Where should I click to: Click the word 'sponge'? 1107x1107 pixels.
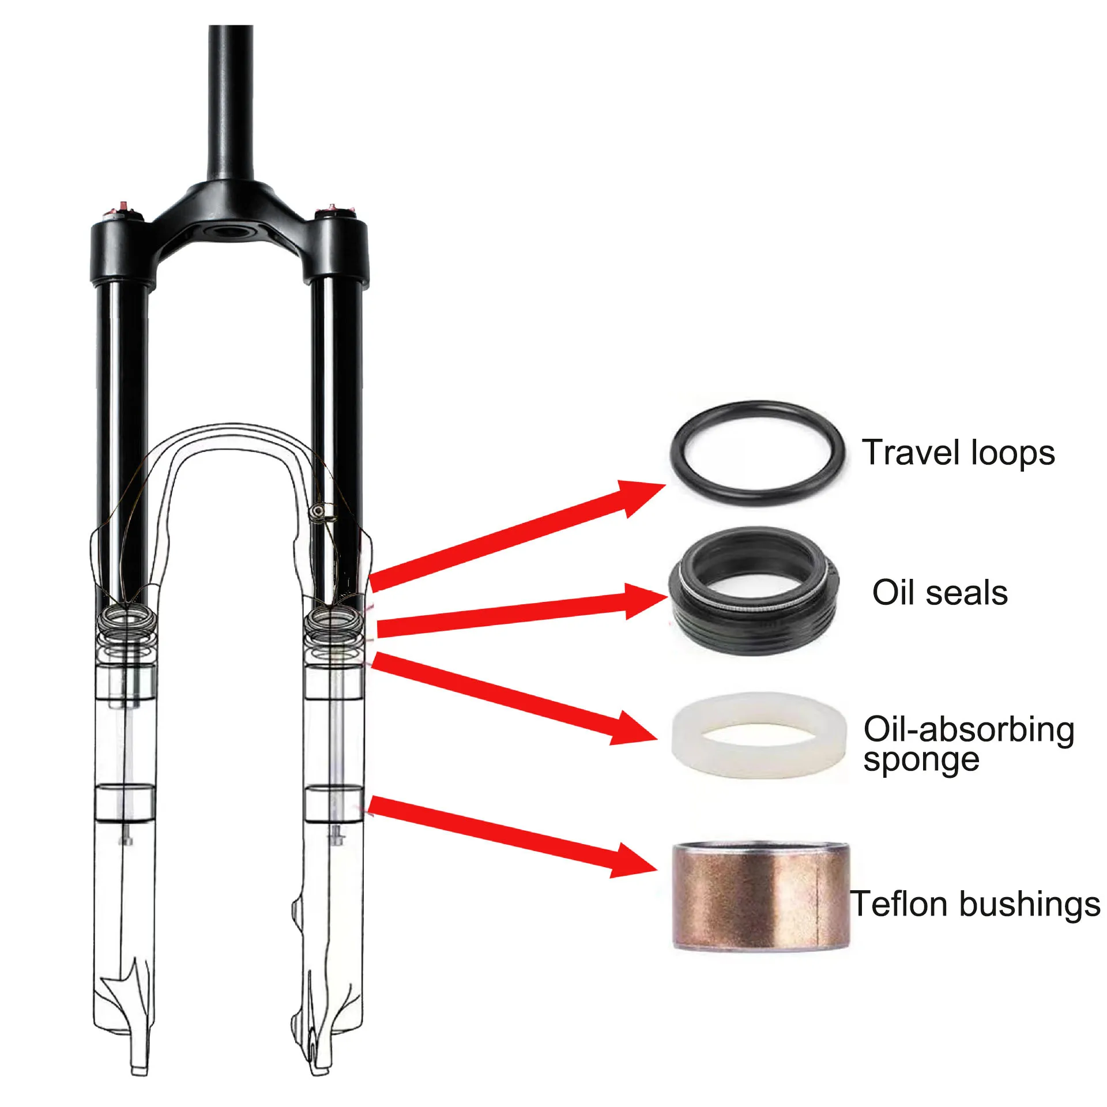coord(921,760)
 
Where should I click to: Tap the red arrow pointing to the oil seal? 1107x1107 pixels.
coord(519,615)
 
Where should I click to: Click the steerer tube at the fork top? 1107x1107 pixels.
coord(230,104)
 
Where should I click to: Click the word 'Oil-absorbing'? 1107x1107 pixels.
coord(969,730)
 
